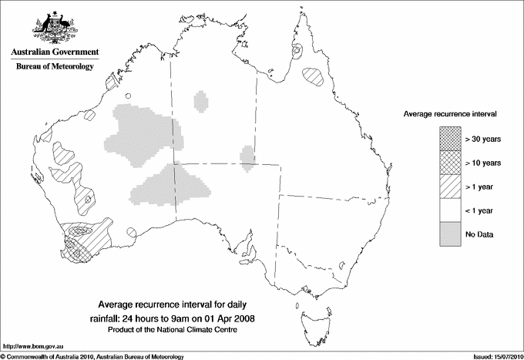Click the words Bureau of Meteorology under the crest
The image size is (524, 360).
click(54, 66)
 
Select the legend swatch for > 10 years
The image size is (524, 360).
click(450, 162)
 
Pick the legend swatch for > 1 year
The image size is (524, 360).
click(450, 186)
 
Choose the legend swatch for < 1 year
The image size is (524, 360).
click(450, 210)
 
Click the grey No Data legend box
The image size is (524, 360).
click(450, 234)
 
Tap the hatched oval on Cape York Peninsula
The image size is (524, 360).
click(313, 76)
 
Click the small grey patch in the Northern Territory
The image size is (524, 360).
click(202, 101)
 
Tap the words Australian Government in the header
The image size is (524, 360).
click(54, 52)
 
